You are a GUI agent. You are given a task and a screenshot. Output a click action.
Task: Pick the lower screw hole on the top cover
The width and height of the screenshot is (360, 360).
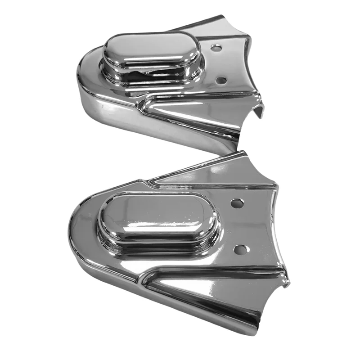click(x=221, y=80)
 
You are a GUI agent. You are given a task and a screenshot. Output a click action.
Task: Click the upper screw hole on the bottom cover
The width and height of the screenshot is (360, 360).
click(x=237, y=203)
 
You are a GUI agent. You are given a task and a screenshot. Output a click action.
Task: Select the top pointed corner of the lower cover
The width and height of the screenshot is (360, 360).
click(x=243, y=153)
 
